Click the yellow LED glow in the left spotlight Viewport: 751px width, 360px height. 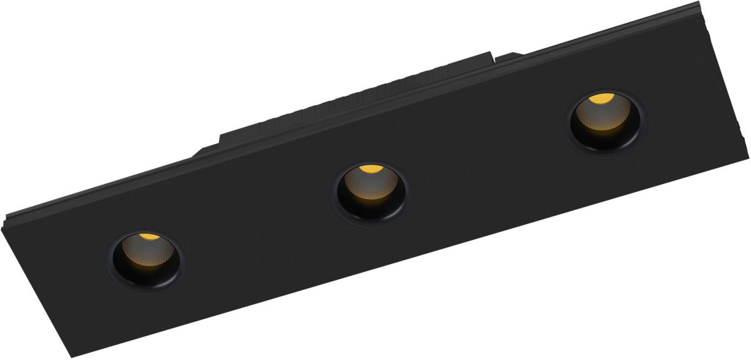[x=148, y=237]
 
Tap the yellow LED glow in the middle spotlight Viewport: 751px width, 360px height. [x=370, y=169]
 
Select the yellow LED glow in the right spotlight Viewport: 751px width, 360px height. [x=601, y=99]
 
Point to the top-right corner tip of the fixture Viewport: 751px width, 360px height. [x=698, y=3]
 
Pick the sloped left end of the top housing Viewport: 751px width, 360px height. [x=207, y=148]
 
